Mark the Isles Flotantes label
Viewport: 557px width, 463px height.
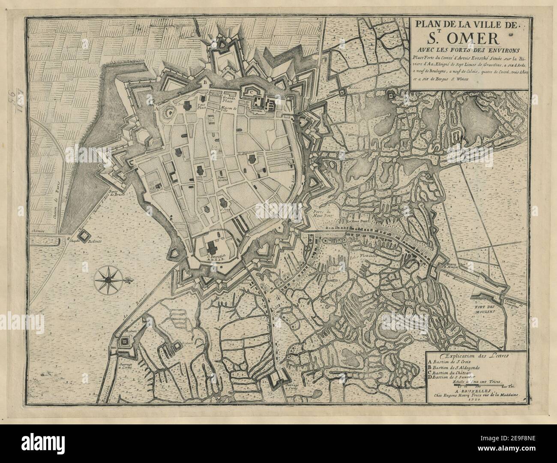362,258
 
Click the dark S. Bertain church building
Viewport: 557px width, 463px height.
211,246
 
